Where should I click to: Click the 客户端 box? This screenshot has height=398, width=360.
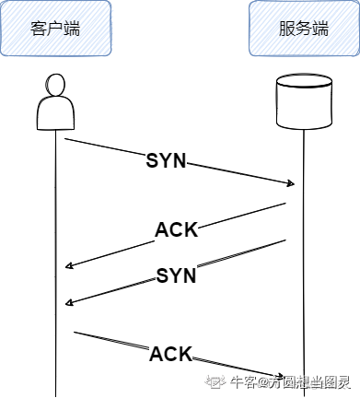54,28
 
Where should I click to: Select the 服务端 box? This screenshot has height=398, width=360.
303,28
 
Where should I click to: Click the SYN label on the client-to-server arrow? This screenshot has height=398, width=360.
167,160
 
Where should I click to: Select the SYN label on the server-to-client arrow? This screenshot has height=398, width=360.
176,275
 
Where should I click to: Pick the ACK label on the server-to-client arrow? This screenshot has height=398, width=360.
177,229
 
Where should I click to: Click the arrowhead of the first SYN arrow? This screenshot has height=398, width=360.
290,183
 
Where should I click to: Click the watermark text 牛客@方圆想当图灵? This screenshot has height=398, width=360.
294,382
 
